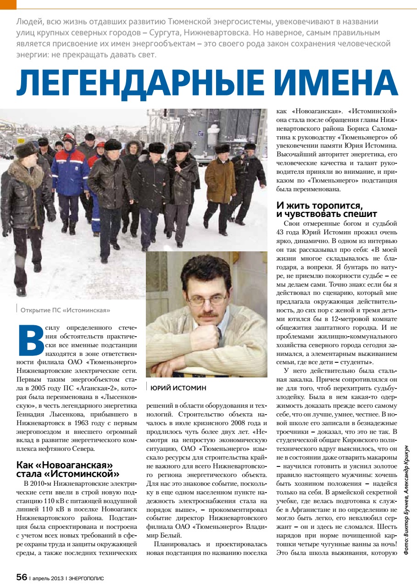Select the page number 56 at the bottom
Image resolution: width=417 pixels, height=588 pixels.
(22, 577)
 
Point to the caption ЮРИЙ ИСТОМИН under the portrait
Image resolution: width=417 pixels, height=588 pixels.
(178, 388)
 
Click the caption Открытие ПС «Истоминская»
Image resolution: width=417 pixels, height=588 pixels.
(65, 311)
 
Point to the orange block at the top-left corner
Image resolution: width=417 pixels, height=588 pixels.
(8, 4)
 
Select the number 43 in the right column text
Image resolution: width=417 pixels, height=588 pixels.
(280, 231)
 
